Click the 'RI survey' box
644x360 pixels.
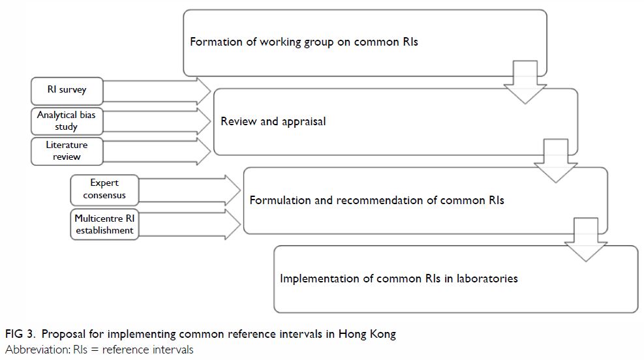pyautogui.click(x=67, y=91)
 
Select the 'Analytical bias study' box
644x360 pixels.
pyautogui.click(x=67, y=121)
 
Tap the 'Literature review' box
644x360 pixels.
pyautogui.click(x=67, y=151)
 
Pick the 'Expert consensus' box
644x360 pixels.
pyautogui.click(x=104, y=190)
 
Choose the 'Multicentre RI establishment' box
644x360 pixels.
pyautogui.click(x=104, y=224)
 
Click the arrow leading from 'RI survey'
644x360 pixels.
pyautogui.click(x=156, y=91)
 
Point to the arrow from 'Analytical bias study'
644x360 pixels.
pyautogui.click(x=156, y=121)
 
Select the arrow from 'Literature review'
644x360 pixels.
pyautogui.click(x=156, y=151)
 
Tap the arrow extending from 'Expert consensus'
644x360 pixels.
pyautogui.click(x=189, y=190)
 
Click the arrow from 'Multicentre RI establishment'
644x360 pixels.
pyautogui.click(x=189, y=224)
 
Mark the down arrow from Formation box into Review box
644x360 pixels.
pyautogui.click(x=525, y=82)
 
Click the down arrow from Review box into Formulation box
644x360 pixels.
pyautogui.click(x=556, y=161)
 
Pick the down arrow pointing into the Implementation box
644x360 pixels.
pyautogui.click(x=586, y=240)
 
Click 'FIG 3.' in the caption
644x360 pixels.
pyautogui.click(x=20, y=334)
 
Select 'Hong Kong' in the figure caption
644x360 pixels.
pyautogui.click(x=367, y=335)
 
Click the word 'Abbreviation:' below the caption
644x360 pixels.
pyautogui.click(x=38, y=350)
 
